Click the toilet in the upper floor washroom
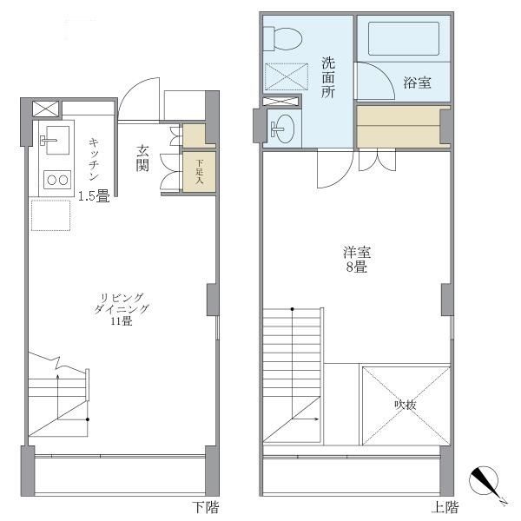point(284,36)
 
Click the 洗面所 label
point(328,76)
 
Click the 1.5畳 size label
point(93,196)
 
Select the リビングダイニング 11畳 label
point(121,309)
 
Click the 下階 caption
point(204,507)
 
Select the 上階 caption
point(445,507)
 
